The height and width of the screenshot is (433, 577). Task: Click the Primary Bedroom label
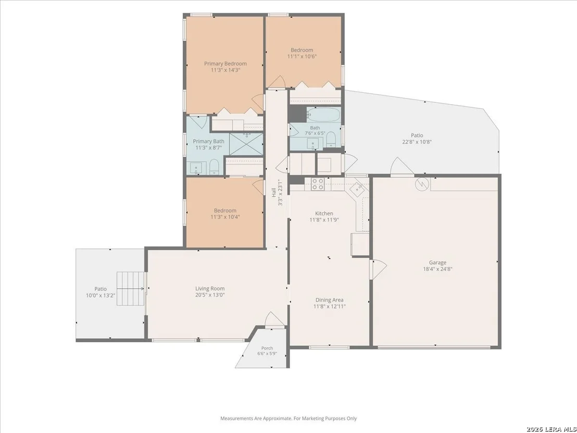coord(225,64)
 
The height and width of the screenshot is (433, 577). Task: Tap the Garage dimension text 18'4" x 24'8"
coord(437,269)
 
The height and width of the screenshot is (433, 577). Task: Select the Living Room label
coord(210,289)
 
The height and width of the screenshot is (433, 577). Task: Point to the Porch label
coord(267,348)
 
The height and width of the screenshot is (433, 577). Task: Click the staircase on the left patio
coord(131,289)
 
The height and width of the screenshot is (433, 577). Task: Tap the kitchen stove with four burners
coord(318,184)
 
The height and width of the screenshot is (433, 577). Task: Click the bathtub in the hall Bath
coord(323,115)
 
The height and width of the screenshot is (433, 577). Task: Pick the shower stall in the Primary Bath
coord(246,144)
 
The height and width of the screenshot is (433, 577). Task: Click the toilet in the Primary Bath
coord(214,168)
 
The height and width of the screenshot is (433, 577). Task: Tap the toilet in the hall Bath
coord(331,139)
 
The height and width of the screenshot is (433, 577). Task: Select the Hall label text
coord(274,193)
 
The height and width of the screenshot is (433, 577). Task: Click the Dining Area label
coord(329,300)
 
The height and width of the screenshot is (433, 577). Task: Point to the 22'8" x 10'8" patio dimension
coord(417,142)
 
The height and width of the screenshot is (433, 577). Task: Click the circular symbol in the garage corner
coord(422,184)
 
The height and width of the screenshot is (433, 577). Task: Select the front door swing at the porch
coord(273,319)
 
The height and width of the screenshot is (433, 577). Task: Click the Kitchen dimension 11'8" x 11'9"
coord(324,220)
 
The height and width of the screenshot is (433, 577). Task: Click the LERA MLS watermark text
coord(551,429)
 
